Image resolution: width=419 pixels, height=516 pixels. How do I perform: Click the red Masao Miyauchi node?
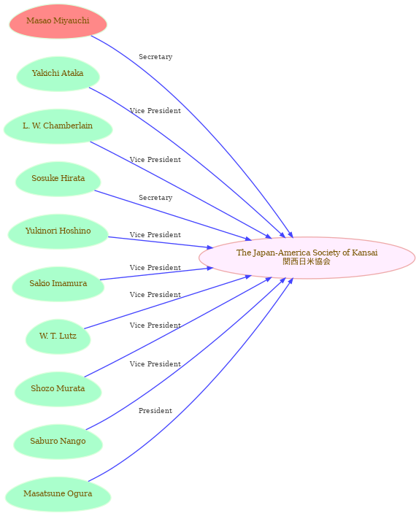[58, 21]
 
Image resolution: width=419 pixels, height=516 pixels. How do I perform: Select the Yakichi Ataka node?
[58, 74]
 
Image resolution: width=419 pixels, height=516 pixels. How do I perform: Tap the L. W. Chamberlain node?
[58, 126]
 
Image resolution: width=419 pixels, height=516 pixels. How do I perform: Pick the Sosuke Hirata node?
[58, 179]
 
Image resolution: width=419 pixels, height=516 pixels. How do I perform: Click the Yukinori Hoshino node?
[58, 231]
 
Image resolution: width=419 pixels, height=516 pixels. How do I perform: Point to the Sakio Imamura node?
[58, 285]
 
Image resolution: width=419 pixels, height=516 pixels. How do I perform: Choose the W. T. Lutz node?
[58, 336]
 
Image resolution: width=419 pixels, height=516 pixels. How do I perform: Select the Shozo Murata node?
[58, 389]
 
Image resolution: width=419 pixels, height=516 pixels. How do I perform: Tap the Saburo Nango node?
[58, 442]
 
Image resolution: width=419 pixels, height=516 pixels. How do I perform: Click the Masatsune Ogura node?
[58, 495]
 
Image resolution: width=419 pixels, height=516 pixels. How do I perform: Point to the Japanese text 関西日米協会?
[307, 261]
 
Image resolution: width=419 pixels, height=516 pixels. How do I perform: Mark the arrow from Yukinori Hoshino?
[161, 242]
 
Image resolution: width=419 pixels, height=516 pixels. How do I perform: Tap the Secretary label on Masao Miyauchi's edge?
[155, 57]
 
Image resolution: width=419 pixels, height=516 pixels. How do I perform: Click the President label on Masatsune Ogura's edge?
[155, 411]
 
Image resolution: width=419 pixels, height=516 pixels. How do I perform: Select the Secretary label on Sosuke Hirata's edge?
[155, 198]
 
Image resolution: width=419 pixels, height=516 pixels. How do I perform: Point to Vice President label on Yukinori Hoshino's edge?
[155, 235]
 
